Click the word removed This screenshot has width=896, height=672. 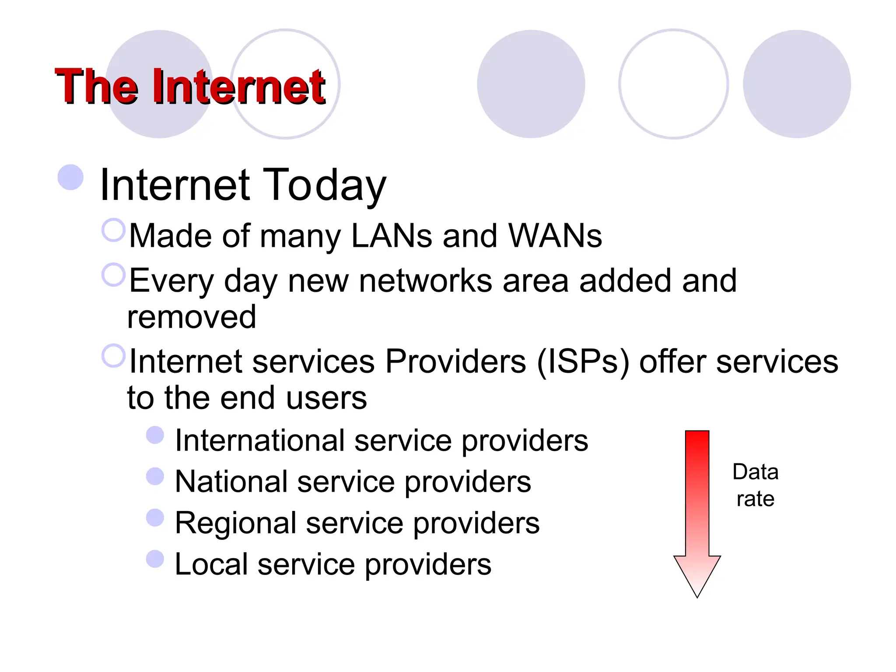point(192,317)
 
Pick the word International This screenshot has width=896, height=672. point(260,441)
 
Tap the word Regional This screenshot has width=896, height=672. point(235,523)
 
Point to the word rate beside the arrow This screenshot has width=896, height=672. point(756,499)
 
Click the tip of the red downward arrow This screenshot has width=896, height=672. point(697,596)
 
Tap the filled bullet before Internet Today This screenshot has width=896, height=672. point(70,178)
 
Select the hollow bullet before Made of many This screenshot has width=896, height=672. point(113,230)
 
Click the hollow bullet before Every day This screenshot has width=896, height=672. point(113,275)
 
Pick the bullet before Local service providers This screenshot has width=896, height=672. point(155,559)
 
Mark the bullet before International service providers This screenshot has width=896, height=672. point(155,435)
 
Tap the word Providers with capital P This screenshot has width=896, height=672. point(455,362)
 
